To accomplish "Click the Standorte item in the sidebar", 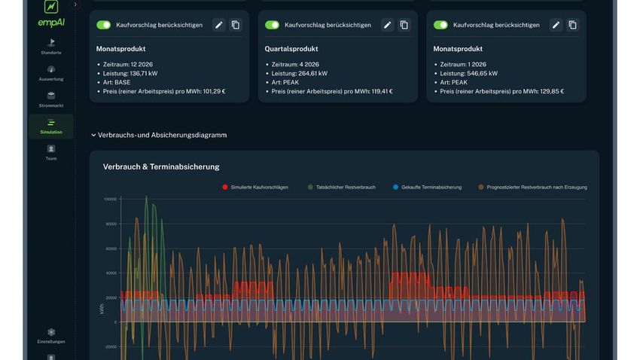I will pyautogui.click(x=51, y=46).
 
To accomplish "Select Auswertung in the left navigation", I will pyautogui.click(x=51, y=73).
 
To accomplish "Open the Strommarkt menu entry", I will pyautogui.click(x=51, y=99).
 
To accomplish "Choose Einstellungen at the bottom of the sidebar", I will pyautogui.click(x=51, y=335).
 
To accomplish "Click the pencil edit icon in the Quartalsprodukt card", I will pyautogui.click(x=387, y=25).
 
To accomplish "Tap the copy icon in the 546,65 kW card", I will pyautogui.click(x=572, y=25).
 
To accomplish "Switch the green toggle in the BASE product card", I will pyautogui.click(x=104, y=25).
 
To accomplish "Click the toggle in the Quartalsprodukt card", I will pyautogui.click(x=273, y=25).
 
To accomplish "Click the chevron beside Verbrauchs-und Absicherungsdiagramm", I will pyautogui.click(x=93, y=136).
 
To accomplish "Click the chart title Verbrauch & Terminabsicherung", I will pyautogui.click(x=161, y=166).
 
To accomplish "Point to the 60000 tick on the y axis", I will pyautogui.click(x=110, y=249).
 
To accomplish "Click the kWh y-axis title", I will pyautogui.click(x=101, y=309).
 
